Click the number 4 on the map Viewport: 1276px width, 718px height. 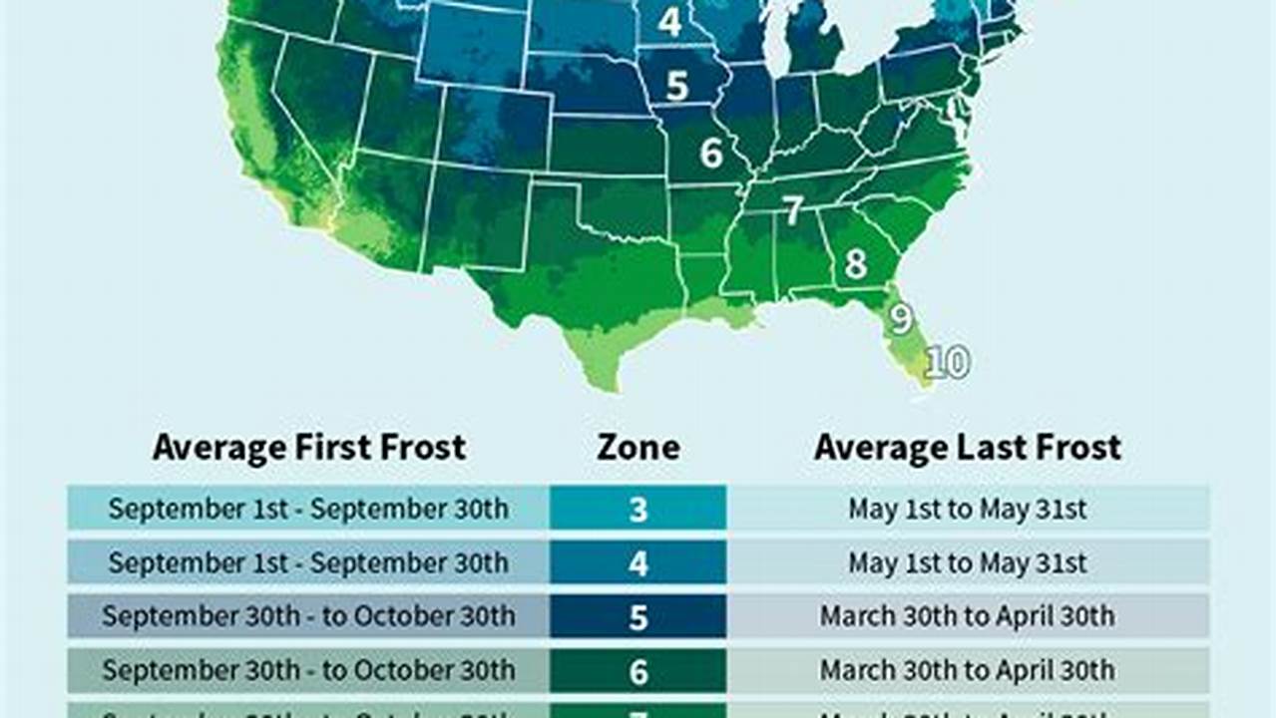point(670,22)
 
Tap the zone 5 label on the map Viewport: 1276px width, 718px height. point(677,86)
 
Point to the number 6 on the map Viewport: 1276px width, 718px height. point(710,153)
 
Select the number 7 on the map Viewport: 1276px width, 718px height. point(792,210)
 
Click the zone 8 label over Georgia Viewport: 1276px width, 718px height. point(855,265)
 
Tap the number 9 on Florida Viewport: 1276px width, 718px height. point(901,318)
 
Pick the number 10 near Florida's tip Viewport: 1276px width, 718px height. point(947,363)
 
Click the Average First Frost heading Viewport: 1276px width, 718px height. point(309,447)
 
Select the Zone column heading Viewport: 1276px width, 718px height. point(638,447)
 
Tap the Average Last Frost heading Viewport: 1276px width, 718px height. point(968,447)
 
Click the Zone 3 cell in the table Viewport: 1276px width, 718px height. point(638,509)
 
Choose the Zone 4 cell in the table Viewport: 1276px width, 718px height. point(638,562)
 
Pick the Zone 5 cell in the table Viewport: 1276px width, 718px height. point(638,616)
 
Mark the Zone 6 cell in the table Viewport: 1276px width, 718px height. point(638,670)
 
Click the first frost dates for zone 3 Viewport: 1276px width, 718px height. point(308,509)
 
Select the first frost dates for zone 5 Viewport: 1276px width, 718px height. point(308,616)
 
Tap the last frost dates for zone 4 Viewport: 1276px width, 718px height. point(968,562)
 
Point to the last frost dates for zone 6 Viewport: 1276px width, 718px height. point(968,670)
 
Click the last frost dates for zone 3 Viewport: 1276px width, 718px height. point(968,509)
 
